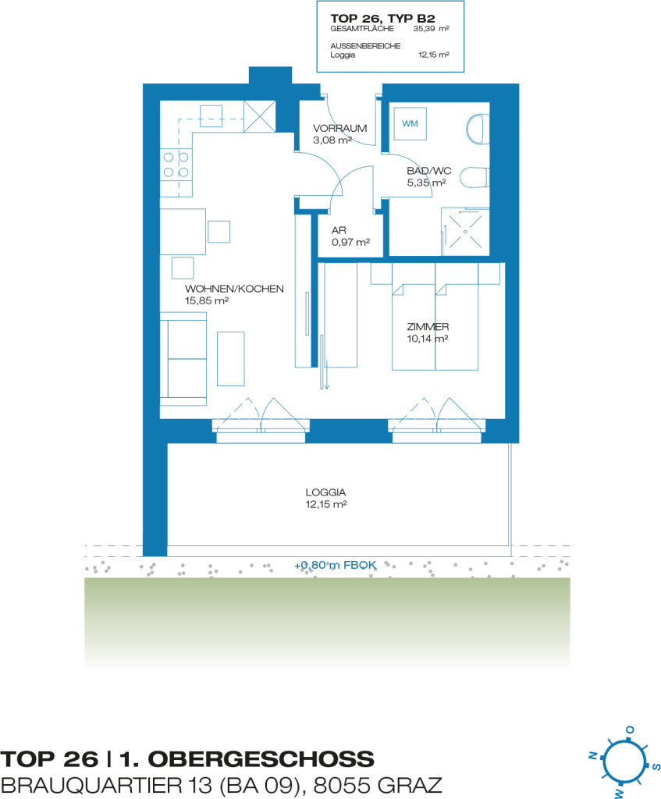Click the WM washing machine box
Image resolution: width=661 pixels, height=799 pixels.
coord(410,124)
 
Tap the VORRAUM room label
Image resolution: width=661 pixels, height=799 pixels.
coord(340,129)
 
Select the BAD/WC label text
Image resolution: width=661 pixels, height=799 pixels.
coord(429,171)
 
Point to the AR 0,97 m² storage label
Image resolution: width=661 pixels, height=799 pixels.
coord(350,236)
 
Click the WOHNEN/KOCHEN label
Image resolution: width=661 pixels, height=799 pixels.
coord(234,289)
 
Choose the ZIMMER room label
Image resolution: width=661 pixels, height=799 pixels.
coord(428,327)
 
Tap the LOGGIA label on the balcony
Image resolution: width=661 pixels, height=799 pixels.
coord(325,492)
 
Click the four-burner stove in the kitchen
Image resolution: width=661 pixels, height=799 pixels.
coord(176,165)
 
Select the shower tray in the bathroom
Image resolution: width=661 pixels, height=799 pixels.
coord(465,231)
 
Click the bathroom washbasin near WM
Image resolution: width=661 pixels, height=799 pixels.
coord(478,130)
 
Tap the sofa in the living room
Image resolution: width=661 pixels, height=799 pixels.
coord(183,359)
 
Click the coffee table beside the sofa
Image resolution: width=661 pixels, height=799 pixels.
coord(231,359)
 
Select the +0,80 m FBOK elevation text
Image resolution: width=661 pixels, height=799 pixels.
coord(336,565)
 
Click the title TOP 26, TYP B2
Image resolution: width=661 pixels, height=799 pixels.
coord(382,19)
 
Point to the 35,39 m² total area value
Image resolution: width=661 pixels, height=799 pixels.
coord(431,29)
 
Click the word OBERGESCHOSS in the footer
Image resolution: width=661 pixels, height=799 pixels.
coord(261,759)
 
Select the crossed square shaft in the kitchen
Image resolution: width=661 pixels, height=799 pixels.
coord(259,117)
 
